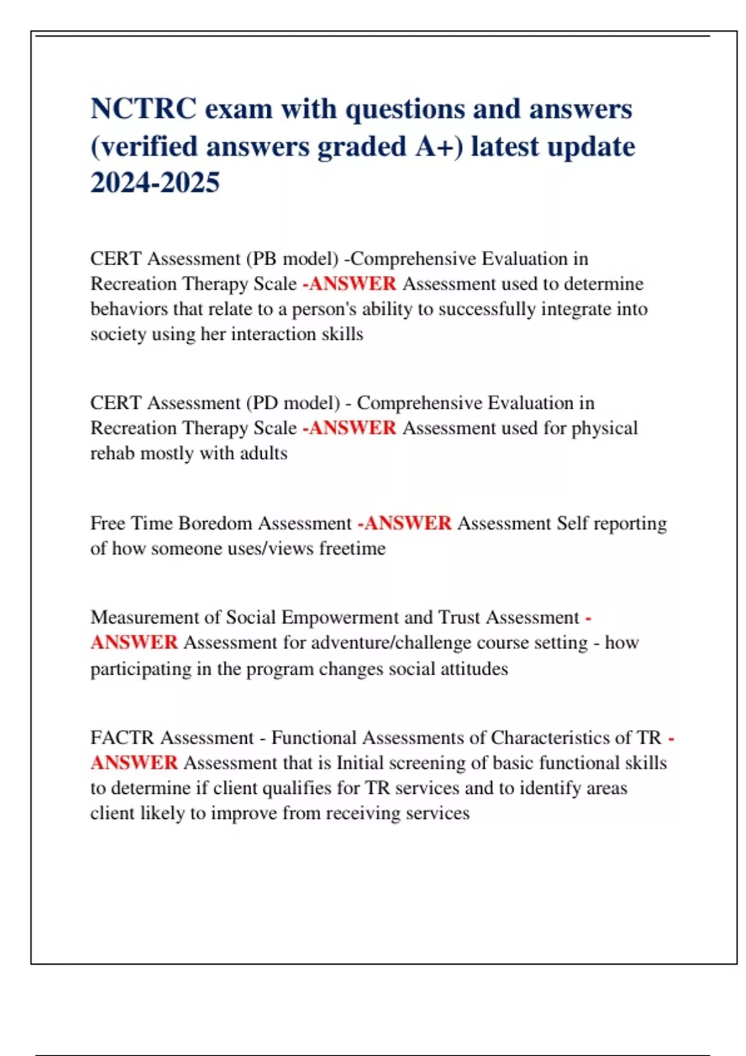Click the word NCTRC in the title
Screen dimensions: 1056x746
[144, 109]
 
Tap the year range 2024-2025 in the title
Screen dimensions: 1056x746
[155, 183]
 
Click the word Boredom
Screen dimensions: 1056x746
[215, 523]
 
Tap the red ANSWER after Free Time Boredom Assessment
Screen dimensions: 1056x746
[407, 523]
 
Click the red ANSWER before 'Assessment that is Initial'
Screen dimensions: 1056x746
[134, 763]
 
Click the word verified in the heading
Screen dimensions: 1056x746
[148, 147]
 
